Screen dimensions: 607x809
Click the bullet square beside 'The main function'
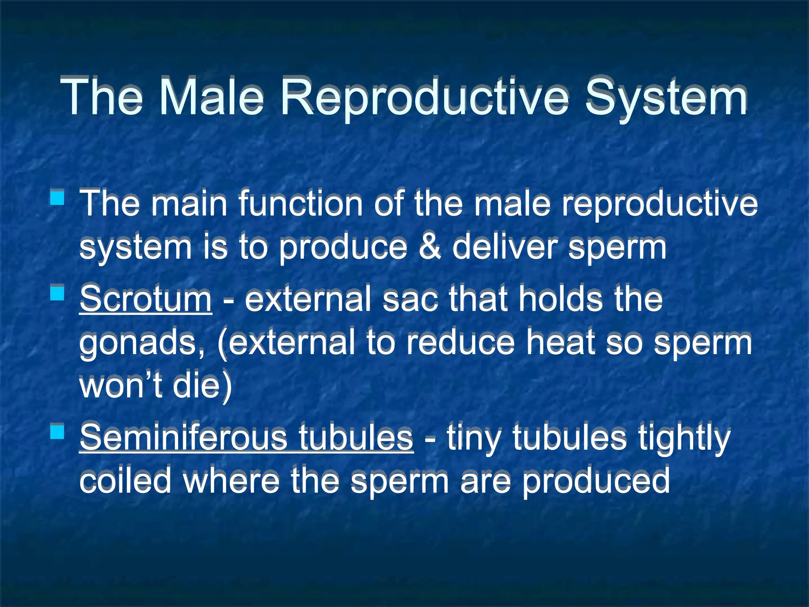click(x=58, y=197)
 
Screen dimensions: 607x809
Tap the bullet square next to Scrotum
click(x=58, y=294)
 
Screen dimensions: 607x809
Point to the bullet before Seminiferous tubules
click(x=58, y=432)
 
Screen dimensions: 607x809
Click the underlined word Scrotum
click(x=145, y=299)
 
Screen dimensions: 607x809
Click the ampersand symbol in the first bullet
click(x=429, y=247)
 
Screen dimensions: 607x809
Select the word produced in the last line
click(x=596, y=481)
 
